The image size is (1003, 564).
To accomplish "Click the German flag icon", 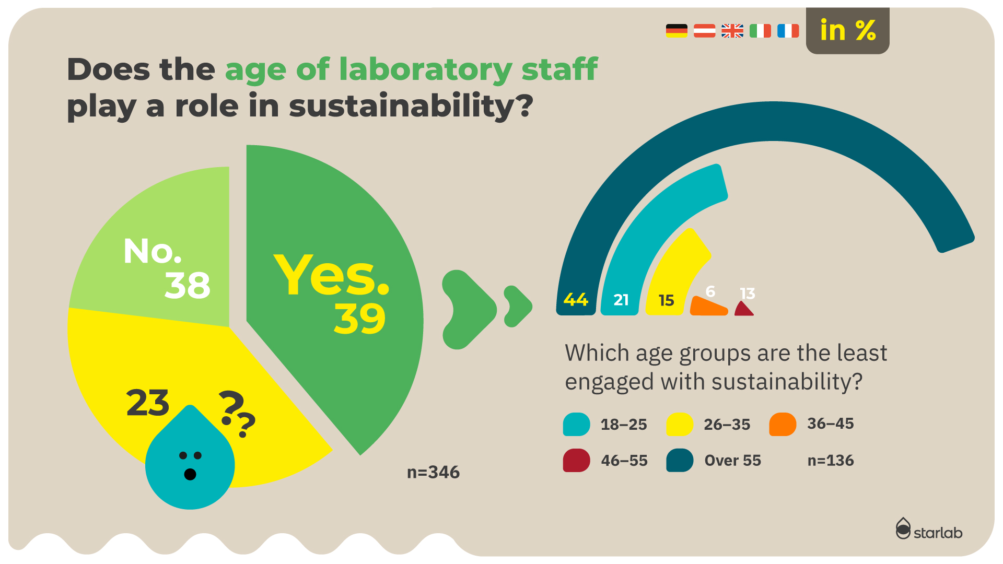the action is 677,31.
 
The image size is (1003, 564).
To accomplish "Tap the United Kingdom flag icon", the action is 732,31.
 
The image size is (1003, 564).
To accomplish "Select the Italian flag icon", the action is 760,31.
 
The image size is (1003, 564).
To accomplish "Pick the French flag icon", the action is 788,31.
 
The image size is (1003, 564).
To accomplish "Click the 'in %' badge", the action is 847,30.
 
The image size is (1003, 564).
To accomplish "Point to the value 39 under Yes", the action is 360,319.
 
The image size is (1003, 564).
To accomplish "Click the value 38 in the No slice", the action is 188,285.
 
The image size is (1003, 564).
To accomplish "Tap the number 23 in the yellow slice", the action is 148,403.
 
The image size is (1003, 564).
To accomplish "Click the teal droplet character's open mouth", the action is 190,474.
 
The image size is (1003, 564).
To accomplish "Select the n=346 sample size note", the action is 433,472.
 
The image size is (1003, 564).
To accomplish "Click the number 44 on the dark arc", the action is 576,300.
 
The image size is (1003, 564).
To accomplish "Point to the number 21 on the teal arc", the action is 621,300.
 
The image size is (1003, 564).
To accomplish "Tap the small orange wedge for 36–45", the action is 708,306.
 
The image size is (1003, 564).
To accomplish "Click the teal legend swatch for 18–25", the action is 576,424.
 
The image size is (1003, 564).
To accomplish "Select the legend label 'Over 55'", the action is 732,460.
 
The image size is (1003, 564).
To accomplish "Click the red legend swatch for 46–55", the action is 576,460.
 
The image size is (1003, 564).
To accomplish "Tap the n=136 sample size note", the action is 831,460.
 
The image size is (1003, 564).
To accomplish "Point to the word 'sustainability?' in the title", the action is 411,106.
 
